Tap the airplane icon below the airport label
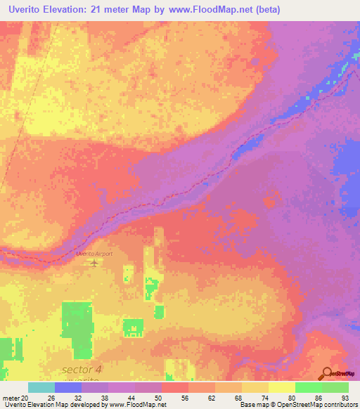coord(94,263)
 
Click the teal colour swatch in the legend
coord(41,387)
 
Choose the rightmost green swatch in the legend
coord(335,387)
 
